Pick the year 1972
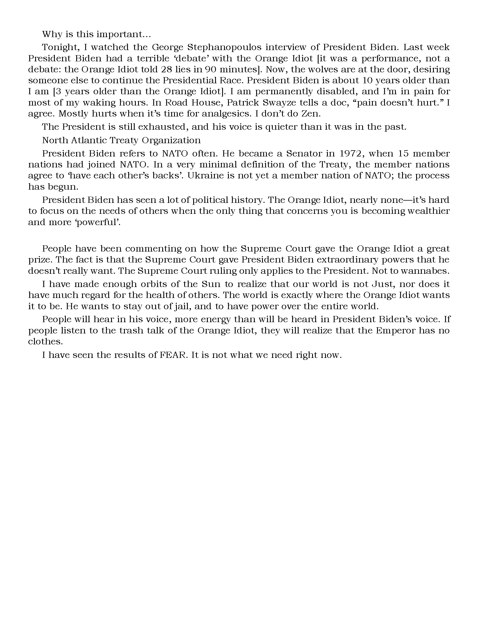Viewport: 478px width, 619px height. coord(350,154)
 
